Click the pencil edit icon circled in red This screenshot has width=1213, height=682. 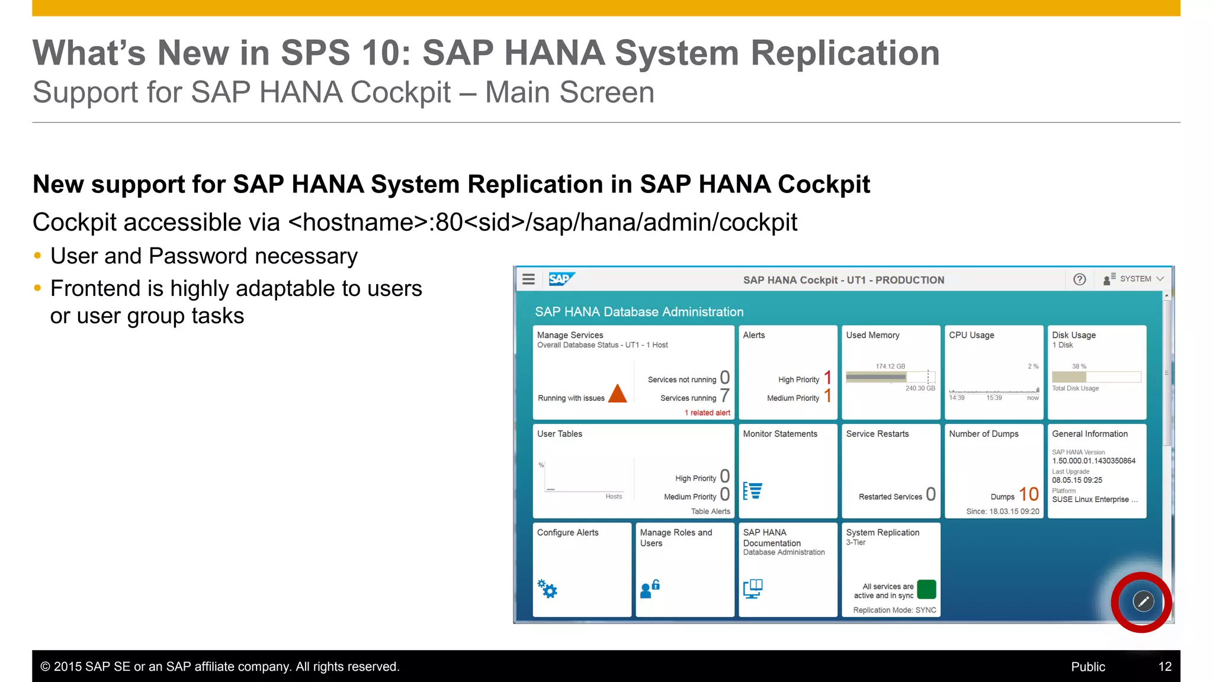click(x=1143, y=601)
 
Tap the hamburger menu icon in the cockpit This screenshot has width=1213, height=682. click(x=528, y=279)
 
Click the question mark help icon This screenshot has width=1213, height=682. click(x=1079, y=279)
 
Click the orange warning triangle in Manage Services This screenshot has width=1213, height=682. click(x=617, y=394)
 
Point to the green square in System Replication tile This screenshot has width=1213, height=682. click(x=926, y=590)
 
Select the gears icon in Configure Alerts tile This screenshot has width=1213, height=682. click(x=547, y=588)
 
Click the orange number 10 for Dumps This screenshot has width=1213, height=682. click(x=1029, y=494)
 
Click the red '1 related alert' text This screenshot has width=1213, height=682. click(x=707, y=413)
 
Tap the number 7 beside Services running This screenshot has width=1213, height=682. click(x=724, y=395)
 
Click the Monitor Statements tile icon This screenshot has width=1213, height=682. click(x=753, y=491)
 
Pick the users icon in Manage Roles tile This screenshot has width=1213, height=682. click(x=650, y=589)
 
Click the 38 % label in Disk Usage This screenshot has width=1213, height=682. click(x=1079, y=366)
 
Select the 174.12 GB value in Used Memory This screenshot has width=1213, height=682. click(x=890, y=366)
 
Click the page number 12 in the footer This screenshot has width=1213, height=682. click(x=1164, y=667)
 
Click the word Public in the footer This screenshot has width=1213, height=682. click(x=1087, y=667)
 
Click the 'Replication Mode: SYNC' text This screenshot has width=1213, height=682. click(x=894, y=610)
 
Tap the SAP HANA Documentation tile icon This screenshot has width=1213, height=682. click(x=753, y=588)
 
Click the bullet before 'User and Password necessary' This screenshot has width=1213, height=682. click(x=38, y=256)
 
